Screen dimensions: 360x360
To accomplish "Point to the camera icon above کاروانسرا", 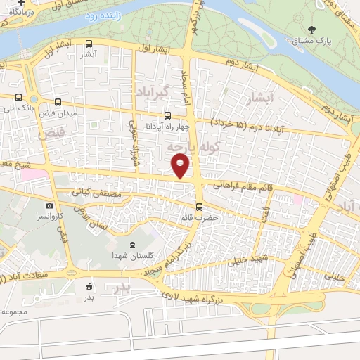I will click(49, 206).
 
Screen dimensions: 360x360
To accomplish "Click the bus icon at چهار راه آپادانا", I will click(167, 116).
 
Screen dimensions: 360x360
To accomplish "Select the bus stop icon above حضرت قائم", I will click(200, 207).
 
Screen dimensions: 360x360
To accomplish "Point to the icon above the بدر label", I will click(89, 286).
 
